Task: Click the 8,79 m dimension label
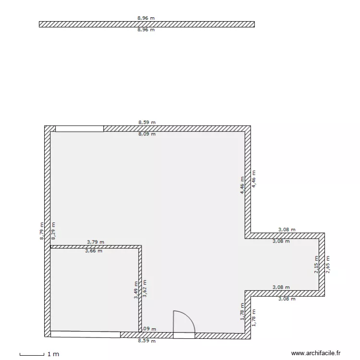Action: pyautogui.click(x=42, y=230)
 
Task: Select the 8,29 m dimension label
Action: pyautogui.click(x=53, y=230)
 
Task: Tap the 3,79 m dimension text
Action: pyautogui.click(x=95, y=242)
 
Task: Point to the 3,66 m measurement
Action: pyautogui.click(x=94, y=251)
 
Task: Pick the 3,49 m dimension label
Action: pyautogui.click(x=136, y=290)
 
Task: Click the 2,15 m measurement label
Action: pyautogui.click(x=316, y=264)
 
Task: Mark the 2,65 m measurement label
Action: pyautogui.click(x=328, y=264)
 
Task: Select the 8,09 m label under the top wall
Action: pyautogui.click(x=147, y=134)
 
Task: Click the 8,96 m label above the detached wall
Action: pyautogui.click(x=146, y=18)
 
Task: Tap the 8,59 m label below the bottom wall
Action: pyautogui.click(x=147, y=341)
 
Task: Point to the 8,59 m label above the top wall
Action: pyautogui.click(x=147, y=122)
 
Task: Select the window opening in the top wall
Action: pyautogui.click(x=79, y=129)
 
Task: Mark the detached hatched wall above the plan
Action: pyautogui.click(x=146, y=24)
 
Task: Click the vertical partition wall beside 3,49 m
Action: pyautogui.click(x=140, y=288)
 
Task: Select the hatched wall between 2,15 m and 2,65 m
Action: pyautogui.click(x=322, y=264)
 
